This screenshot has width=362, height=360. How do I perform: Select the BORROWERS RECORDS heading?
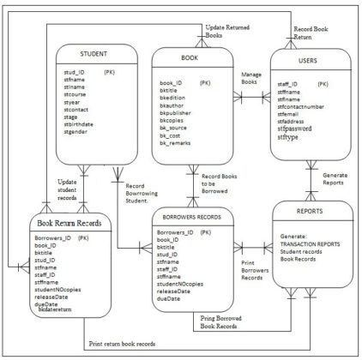[193, 218]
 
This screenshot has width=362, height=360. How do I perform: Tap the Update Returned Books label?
[226, 33]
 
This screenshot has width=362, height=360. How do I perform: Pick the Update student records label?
[66, 188]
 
